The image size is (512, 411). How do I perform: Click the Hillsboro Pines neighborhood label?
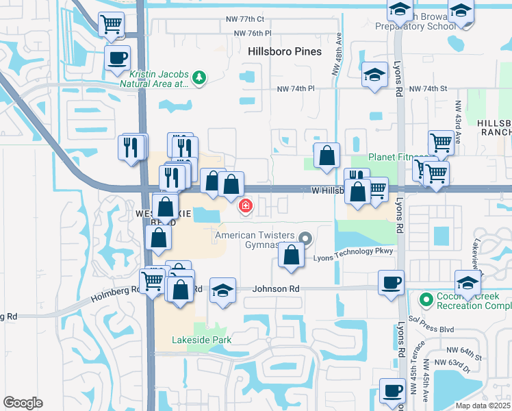click(x=285, y=52)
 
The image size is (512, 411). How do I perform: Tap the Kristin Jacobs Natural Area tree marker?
click(x=199, y=77)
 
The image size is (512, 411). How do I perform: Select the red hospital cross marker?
click(x=245, y=205)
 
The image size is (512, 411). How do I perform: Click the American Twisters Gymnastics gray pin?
click(x=305, y=239)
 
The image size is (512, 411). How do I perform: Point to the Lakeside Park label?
click(x=201, y=340)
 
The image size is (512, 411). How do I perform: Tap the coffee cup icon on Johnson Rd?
click(x=392, y=282)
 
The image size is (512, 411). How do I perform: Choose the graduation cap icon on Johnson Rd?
click(x=222, y=290)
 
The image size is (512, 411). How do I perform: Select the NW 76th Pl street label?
click(x=253, y=33)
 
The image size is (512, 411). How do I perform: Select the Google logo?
click(x=23, y=403)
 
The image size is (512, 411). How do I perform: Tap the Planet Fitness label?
click(x=397, y=158)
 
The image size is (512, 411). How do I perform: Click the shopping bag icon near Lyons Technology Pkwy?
click(x=292, y=256)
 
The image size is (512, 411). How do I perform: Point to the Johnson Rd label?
click(x=276, y=289)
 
